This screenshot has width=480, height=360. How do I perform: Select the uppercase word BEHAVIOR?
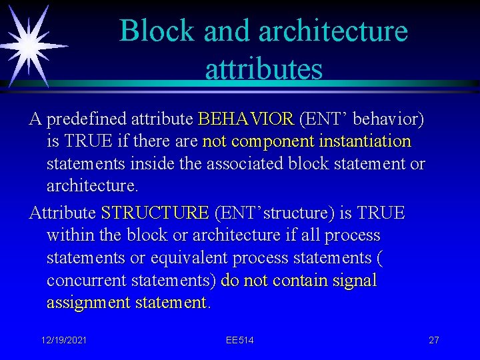246,119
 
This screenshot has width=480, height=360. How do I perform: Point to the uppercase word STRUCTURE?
155,213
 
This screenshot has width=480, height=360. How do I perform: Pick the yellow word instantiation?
365,142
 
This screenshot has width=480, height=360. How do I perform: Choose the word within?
70,235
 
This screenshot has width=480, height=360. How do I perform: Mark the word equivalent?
180,258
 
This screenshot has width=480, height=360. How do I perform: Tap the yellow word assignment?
89,303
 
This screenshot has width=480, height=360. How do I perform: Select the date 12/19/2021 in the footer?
64,340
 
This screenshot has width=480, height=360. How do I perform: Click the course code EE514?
239,340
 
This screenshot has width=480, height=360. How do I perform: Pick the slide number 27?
433,340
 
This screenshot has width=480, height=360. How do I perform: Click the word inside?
161,164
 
